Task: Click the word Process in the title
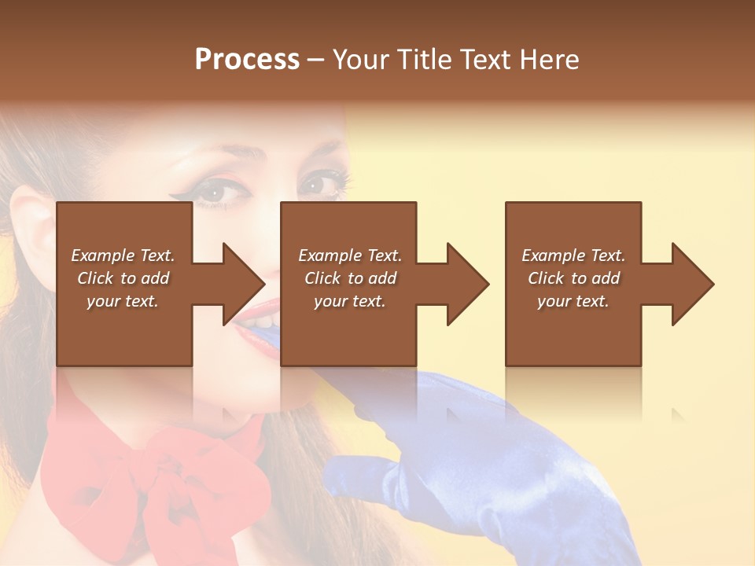tap(247, 60)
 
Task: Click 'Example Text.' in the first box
tap(123, 255)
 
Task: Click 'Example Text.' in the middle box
tap(350, 255)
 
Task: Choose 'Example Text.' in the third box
tap(573, 255)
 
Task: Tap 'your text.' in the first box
tap(123, 301)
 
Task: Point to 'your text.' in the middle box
tap(350, 301)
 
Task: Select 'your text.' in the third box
tap(573, 301)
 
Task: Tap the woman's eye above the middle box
tap(318, 185)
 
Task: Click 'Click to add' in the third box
tap(573, 278)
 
